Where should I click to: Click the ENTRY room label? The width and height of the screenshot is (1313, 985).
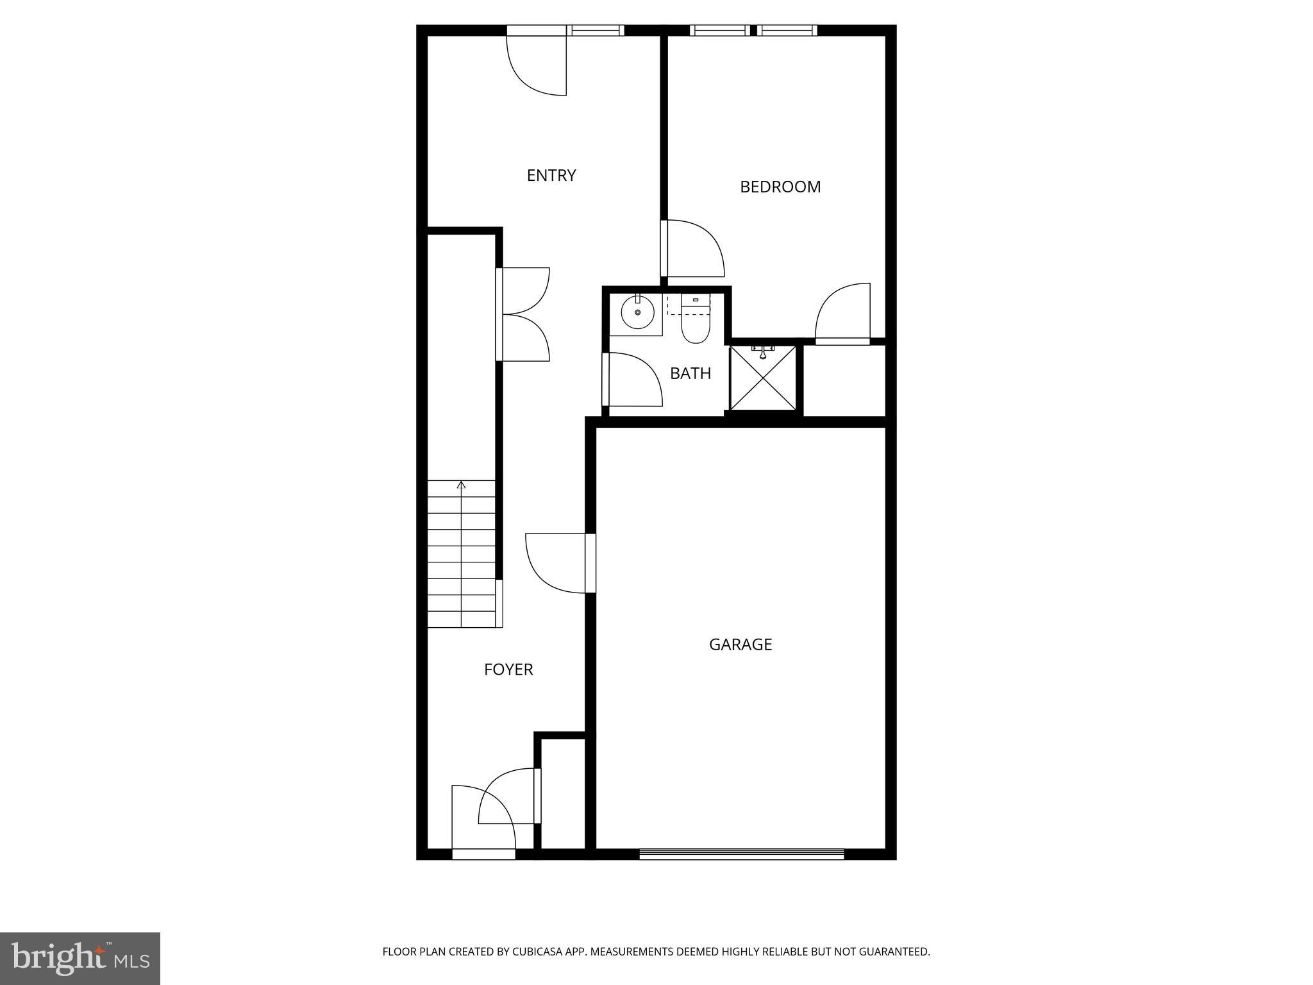(x=551, y=175)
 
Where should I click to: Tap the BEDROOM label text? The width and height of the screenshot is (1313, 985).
(x=780, y=187)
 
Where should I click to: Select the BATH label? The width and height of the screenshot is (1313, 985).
(x=690, y=373)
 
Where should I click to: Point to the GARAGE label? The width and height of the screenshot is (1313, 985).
(x=740, y=644)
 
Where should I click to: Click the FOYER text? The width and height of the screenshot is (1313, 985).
(x=508, y=669)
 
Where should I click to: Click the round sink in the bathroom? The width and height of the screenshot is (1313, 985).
(x=637, y=312)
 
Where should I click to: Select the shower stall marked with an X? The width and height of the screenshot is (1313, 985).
(x=763, y=377)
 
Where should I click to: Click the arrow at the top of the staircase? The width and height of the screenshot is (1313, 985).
(x=461, y=485)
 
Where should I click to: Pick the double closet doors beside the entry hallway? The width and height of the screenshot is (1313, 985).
(x=523, y=314)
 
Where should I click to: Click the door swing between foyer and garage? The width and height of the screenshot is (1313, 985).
(x=555, y=563)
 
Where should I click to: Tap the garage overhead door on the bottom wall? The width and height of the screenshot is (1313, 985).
(x=741, y=854)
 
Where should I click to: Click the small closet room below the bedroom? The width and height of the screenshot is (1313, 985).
(x=844, y=381)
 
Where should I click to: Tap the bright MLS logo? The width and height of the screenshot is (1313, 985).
(x=79, y=958)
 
